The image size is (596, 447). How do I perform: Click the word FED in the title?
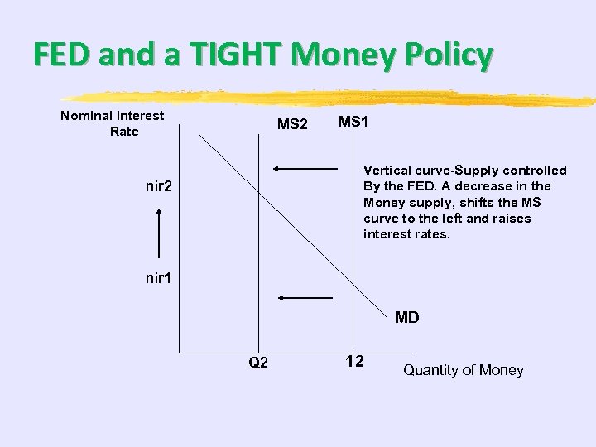(x=61, y=55)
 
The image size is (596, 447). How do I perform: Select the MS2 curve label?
(x=292, y=125)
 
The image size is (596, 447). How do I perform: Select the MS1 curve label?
(x=353, y=122)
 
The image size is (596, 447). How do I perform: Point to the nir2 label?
(x=158, y=186)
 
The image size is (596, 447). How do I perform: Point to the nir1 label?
(x=158, y=278)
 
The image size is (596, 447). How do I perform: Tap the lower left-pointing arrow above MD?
(x=305, y=297)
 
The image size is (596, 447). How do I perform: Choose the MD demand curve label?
(x=406, y=317)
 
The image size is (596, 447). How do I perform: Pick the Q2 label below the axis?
(x=258, y=363)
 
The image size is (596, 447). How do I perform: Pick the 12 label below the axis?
(x=354, y=362)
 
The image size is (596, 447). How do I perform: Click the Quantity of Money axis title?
(x=463, y=370)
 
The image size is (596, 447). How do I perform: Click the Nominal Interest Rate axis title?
(x=113, y=123)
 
